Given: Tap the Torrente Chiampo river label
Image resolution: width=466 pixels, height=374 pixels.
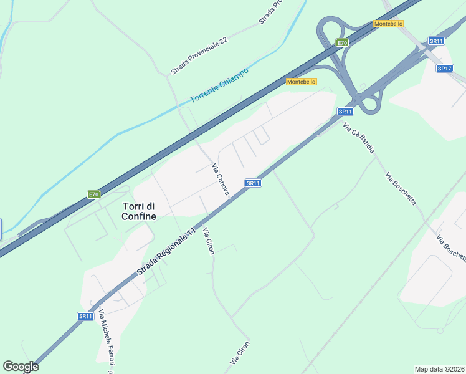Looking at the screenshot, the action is click(219, 85).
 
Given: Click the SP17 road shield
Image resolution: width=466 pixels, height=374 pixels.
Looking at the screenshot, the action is click(444, 69).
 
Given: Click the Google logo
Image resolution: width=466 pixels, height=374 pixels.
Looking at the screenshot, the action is click(21, 367).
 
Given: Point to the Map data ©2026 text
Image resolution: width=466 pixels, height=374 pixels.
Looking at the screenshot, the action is click(440, 368).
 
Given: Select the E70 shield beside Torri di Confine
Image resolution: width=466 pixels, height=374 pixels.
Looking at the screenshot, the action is click(93, 194).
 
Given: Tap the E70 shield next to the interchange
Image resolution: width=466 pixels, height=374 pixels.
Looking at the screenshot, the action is click(341, 43).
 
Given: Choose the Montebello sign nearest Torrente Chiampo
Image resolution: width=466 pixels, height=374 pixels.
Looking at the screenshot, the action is click(302, 82).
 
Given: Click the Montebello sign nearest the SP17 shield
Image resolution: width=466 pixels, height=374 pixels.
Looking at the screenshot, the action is click(388, 24).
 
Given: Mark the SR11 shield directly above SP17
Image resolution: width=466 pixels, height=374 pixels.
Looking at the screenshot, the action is click(436, 41).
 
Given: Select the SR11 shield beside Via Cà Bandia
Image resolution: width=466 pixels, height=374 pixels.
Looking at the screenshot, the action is click(345, 112).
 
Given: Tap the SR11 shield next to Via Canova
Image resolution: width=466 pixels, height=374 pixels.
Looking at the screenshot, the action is click(252, 183).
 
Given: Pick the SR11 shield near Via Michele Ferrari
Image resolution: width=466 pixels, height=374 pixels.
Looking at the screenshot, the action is click(85, 316).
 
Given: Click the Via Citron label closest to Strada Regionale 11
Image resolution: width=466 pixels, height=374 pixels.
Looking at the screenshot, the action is click(208, 241).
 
